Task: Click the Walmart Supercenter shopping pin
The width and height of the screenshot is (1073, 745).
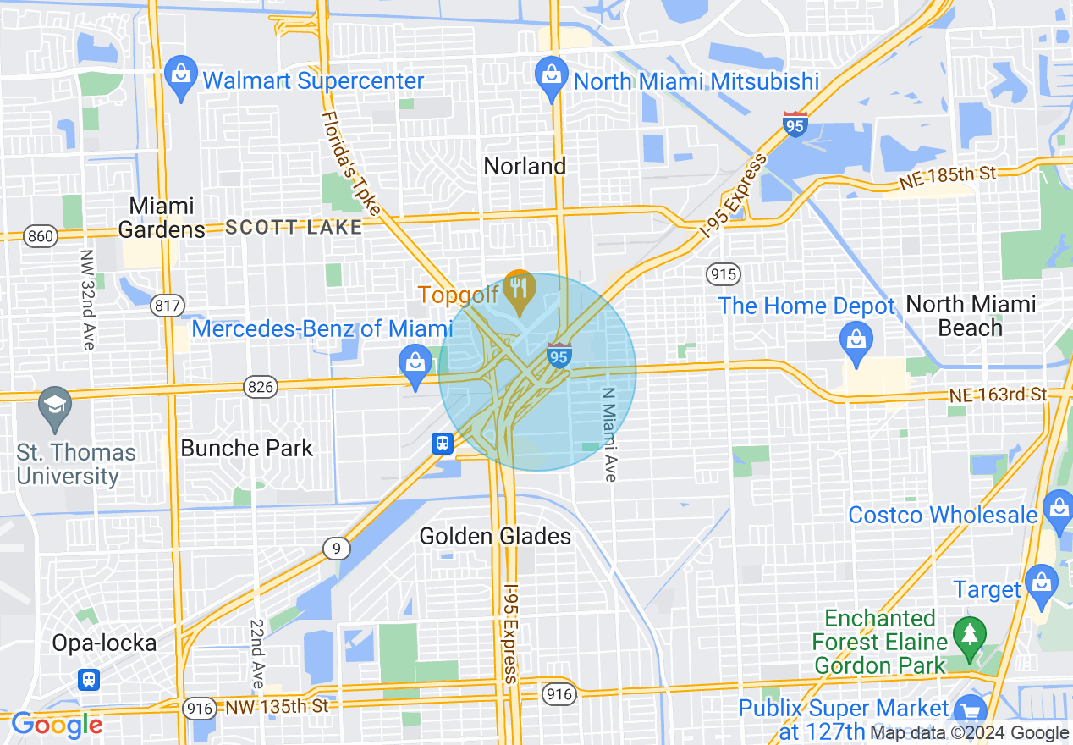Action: (180, 74)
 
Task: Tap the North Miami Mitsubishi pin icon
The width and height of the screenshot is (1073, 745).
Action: (552, 74)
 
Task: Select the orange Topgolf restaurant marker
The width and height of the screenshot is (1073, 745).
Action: (519, 287)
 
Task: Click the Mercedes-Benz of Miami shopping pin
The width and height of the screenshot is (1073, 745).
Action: (415, 362)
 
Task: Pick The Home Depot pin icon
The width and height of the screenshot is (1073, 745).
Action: (856, 339)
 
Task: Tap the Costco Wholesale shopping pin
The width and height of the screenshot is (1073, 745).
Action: (1057, 509)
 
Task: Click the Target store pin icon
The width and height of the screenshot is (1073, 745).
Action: (1040, 583)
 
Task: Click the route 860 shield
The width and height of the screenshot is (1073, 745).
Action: (40, 235)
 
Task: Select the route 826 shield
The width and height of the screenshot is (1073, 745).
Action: (260, 387)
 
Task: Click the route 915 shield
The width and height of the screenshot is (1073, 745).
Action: (724, 273)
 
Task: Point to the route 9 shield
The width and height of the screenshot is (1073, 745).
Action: (336, 549)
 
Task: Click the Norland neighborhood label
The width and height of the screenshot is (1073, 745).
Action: (525, 166)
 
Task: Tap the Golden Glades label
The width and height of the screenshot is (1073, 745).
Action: (495, 536)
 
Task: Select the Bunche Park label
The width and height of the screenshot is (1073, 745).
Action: (247, 448)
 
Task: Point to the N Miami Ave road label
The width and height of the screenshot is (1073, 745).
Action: (608, 434)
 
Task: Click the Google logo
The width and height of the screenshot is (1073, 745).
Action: (57, 725)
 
